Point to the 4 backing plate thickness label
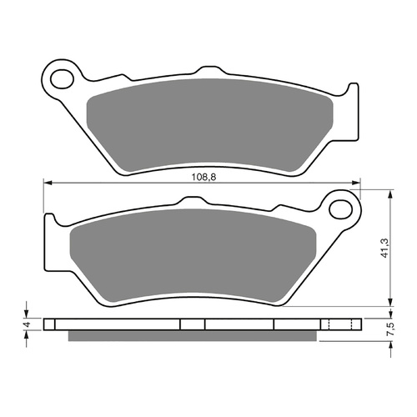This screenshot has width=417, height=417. click(x=27, y=324)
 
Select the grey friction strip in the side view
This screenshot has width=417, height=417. click(x=192, y=335)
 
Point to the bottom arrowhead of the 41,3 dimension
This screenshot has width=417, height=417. click(x=390, y=304)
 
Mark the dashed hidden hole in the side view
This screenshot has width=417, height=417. click(x=332, y=324)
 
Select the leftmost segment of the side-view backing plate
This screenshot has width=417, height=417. click(x=52, y=324)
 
